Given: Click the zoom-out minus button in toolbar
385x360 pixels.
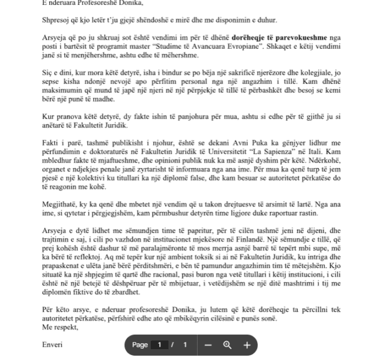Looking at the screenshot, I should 208,345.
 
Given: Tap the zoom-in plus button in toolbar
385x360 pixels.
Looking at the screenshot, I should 246,345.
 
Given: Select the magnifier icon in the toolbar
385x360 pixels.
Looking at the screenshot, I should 227,345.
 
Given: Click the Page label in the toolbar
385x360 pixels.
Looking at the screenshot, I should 140,345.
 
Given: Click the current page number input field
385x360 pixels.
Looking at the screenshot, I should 160,345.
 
